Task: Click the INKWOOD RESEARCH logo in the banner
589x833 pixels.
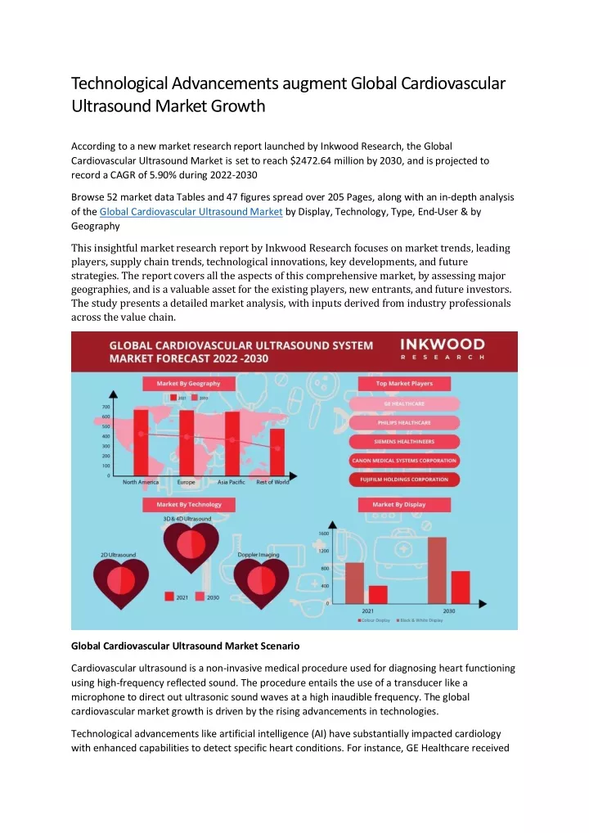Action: click(x=442, y=349)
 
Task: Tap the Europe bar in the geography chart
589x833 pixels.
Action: click(x=187, y=442)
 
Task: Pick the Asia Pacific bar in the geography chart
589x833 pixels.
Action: click(x=232, y=442)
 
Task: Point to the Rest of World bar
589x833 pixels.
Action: click(x=277, y=452)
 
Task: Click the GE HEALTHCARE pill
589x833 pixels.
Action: click(x=404, y=403)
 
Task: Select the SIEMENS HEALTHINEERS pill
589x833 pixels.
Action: click(x=404, y=441)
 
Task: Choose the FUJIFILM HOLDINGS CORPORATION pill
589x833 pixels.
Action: click(x=404, y=479)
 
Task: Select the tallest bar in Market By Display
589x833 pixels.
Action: click(x=437, y=570)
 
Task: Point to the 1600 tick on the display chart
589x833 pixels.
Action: click(x=323, y=534)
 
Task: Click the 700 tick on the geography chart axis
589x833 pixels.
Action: click(x=106, y=407)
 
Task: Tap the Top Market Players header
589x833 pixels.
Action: click(x=404, y=383)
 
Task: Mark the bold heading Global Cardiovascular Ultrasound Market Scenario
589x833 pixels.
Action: click(x=186, y=646)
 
